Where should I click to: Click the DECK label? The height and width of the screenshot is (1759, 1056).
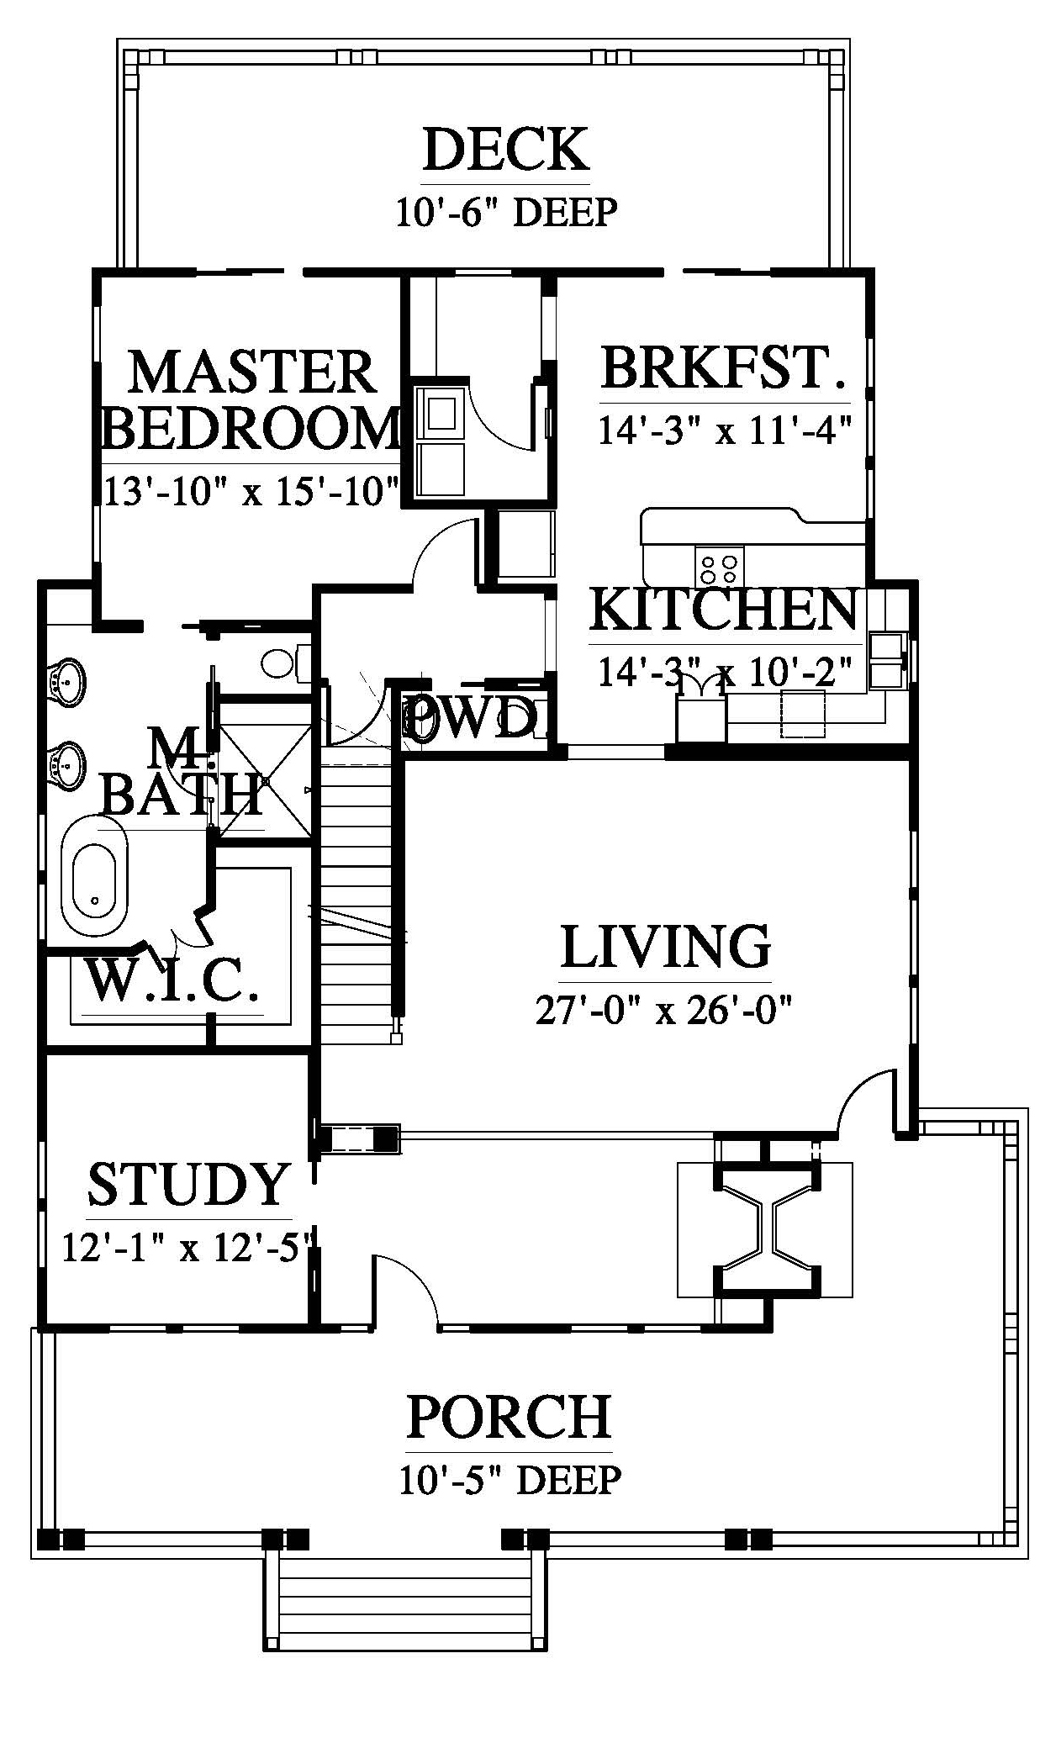tap(505, 150)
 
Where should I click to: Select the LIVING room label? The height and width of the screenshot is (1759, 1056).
tap(665, 946)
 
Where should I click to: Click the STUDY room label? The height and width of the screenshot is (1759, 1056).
tap(189, 1184)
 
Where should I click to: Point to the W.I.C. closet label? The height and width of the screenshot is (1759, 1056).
tap(172, 980)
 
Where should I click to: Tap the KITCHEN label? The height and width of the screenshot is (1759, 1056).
tap(724, 610)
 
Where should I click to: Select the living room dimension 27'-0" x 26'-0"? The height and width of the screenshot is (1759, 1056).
tap(665, 1008)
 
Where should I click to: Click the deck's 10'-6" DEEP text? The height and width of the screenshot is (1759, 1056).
tap(506, 212)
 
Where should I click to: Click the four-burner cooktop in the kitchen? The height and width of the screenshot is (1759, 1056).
tap(720, 564)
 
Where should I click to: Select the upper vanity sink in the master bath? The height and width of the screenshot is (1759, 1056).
tap(66, 679)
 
